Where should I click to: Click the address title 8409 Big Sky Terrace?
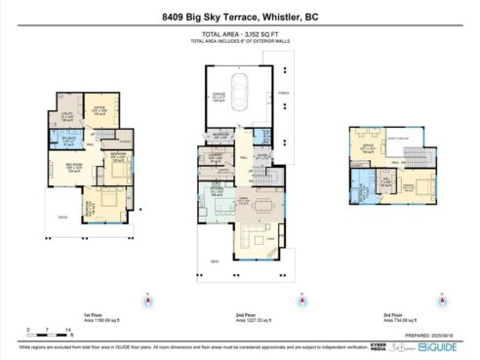coord(239,17)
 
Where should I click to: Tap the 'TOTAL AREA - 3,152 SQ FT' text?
coord(239,35)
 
